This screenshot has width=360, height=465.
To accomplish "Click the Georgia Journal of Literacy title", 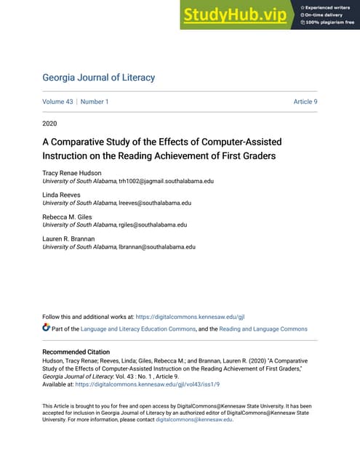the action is tap(98, 78).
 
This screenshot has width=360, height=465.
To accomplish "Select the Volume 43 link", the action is tap(57, 102).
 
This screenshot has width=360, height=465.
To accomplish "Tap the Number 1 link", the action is tap(95, 102).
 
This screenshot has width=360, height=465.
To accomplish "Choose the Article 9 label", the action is tap(305, 102).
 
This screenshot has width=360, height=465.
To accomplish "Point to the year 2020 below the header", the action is tap(50, 124).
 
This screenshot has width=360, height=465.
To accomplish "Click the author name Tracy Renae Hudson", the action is tap(73, 173).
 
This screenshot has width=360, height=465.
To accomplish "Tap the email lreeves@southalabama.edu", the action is tap(154, 203).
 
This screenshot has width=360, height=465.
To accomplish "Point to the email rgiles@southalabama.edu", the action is tap(153, 225).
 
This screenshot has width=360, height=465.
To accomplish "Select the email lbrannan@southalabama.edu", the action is tap(157, 247).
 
